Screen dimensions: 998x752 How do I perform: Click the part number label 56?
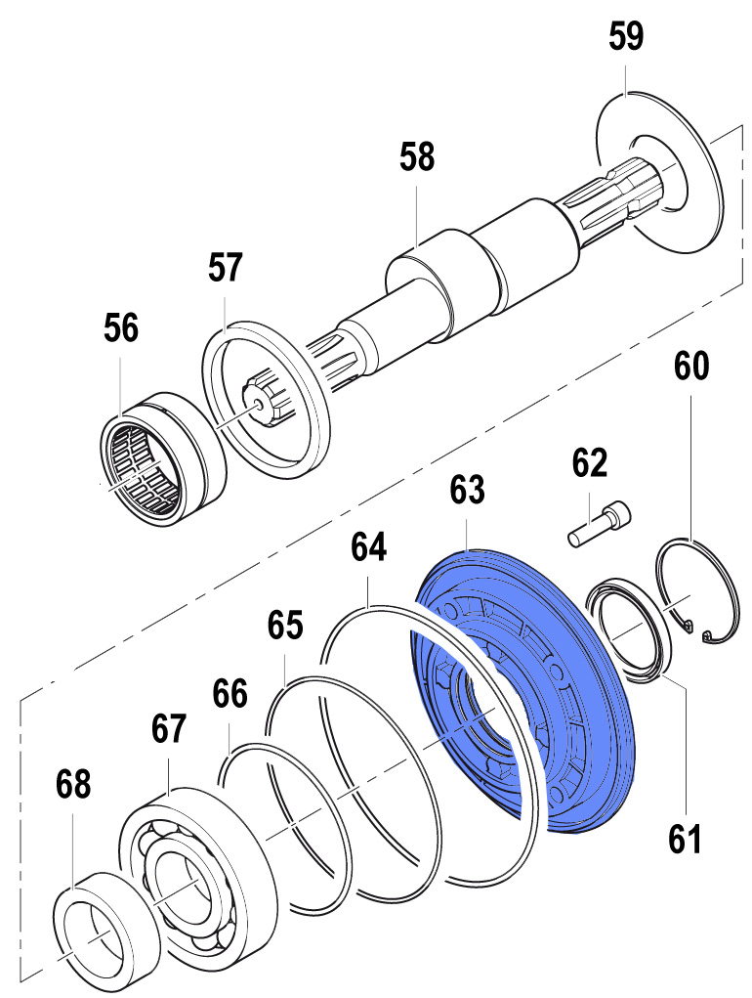[x=122, y=329]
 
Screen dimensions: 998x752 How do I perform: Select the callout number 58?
[x=417, y=156]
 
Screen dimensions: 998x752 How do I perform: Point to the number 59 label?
[x=626, y=38]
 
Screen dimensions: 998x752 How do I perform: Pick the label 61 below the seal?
[x=685, y=838]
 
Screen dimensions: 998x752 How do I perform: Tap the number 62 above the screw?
[x=590, y=461]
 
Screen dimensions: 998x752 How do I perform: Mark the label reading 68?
[x=73, y=783]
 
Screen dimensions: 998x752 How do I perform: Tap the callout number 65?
[x=285, y=626]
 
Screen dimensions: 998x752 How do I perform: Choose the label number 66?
[x=230, y=695]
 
